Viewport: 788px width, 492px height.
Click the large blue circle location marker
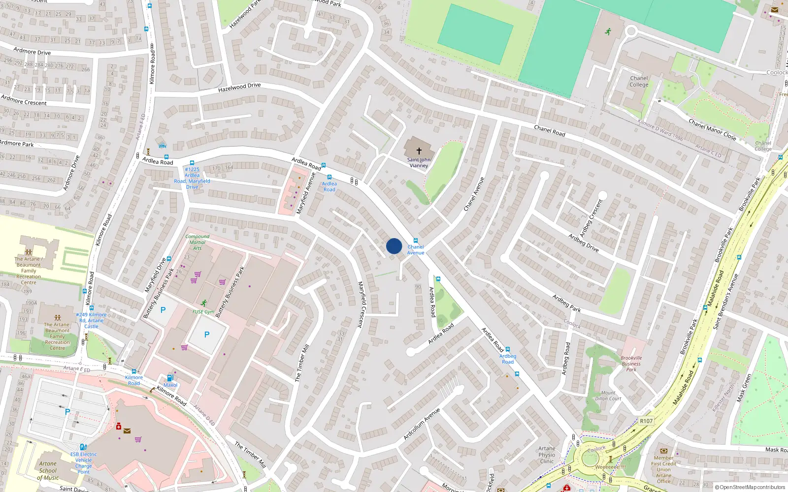tap(394, 246)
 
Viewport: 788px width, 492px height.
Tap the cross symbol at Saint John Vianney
tap(419, 151)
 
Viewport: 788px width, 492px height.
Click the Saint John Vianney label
tap(419, 162)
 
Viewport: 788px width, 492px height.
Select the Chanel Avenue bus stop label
tap(416, 250)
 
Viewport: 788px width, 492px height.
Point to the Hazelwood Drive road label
tap(239, 88)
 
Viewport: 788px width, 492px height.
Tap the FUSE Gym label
tap(203, 311)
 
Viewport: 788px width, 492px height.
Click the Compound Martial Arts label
tap(197, 242)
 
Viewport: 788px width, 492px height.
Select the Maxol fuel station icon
tap(170, 378)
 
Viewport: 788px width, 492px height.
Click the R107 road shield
tap(646, 421)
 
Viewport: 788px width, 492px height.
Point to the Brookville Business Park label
tap(631, 364)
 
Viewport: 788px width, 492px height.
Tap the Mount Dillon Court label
tap(608, 396)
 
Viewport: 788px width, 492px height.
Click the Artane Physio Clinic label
tap(547, 455)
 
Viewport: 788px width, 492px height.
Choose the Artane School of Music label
tap(48, 470)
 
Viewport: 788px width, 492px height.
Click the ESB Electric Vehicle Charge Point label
tap(83, 463)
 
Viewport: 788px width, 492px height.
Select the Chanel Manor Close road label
tap(712, 129)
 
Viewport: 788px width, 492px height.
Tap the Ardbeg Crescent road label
tap(591, 218)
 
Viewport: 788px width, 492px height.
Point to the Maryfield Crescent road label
tap(361, 305)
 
